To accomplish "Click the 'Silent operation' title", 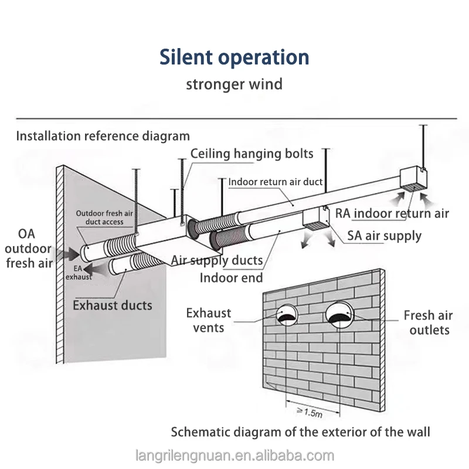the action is point(234,57).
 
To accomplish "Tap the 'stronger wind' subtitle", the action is point(234,84).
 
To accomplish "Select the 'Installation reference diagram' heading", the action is point(103,136).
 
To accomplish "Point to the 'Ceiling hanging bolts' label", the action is point(252,154).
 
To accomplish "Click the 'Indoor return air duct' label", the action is point(276,182).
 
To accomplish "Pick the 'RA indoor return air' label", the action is point(392,213).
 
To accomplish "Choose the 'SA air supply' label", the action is point(385,236).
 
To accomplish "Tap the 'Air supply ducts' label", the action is point(217,260).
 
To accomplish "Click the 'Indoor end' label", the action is point(231,278).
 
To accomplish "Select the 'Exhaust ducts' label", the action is point(113,305).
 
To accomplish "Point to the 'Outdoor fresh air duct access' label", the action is point(104,217).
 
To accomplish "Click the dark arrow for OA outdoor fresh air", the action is point(69,254).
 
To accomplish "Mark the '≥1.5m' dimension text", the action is point(310,413).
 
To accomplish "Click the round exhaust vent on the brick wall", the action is point(287,315).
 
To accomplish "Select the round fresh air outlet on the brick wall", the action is point(339,315).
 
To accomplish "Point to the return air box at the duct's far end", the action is point(414,179).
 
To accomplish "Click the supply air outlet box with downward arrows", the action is point(316,218).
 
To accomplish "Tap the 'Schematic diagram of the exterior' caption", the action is point(300,432).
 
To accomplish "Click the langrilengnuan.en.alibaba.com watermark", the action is point(235,456).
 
